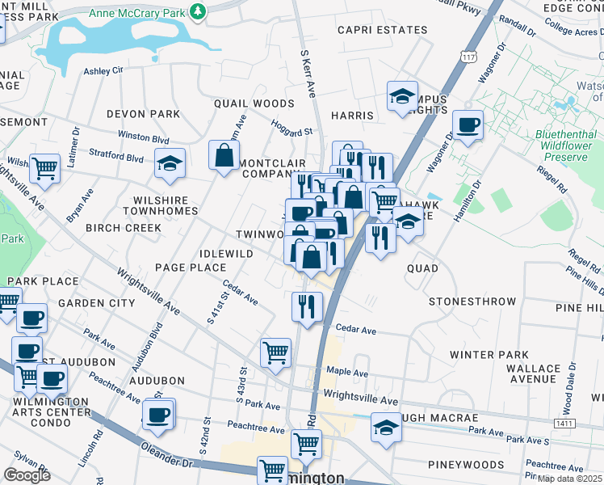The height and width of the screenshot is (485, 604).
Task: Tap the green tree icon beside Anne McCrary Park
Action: coord(197,10)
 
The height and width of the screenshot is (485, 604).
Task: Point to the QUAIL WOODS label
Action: coord(254,103)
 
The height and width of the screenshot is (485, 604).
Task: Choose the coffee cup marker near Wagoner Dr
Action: coord(468,125)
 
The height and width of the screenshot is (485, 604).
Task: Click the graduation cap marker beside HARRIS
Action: coord(401,97)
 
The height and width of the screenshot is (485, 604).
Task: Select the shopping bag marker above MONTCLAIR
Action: coord(224,156)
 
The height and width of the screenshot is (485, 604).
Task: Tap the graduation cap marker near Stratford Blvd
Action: coord(170,163)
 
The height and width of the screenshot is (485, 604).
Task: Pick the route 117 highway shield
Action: coord(468,57)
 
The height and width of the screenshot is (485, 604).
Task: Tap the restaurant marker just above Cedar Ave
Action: coord(306,306)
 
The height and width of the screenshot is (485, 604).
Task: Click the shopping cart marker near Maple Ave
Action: coord(275,353)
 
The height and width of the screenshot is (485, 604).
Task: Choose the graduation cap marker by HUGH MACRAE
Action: coord(387,427)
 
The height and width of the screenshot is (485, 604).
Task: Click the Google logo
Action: coord(27,475)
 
